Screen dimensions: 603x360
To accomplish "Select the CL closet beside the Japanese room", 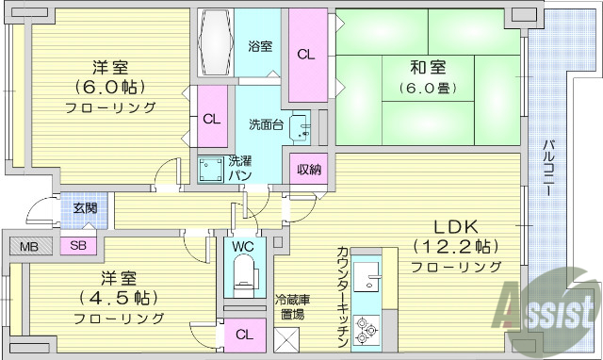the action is [x=306, y=55].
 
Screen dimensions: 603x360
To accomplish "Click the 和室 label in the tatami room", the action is [x=428, y=69].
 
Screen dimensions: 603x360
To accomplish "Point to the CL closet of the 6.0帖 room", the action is [x=211, y=119].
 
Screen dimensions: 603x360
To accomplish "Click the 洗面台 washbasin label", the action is [x=266, y=123].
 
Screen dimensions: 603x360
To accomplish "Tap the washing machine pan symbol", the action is [x=210, y=172].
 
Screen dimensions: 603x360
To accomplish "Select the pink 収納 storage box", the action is [x=309, y=171].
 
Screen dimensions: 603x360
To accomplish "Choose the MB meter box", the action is [x=29, y=247].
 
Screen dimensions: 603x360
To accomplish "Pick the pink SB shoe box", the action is [x=77, y=247].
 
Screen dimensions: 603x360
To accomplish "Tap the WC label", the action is [x=243, y=247].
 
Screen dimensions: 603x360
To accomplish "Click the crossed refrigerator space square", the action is [x=287, y=336].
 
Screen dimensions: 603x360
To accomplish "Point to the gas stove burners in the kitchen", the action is [x=367, y=331].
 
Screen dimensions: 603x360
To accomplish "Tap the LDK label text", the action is [x=457, y=227].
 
